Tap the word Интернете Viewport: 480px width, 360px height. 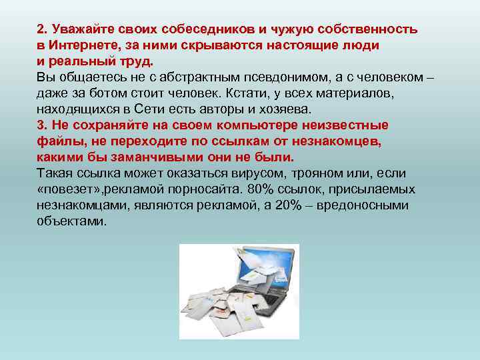point(83,45)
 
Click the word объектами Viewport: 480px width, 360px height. point(71,221)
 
